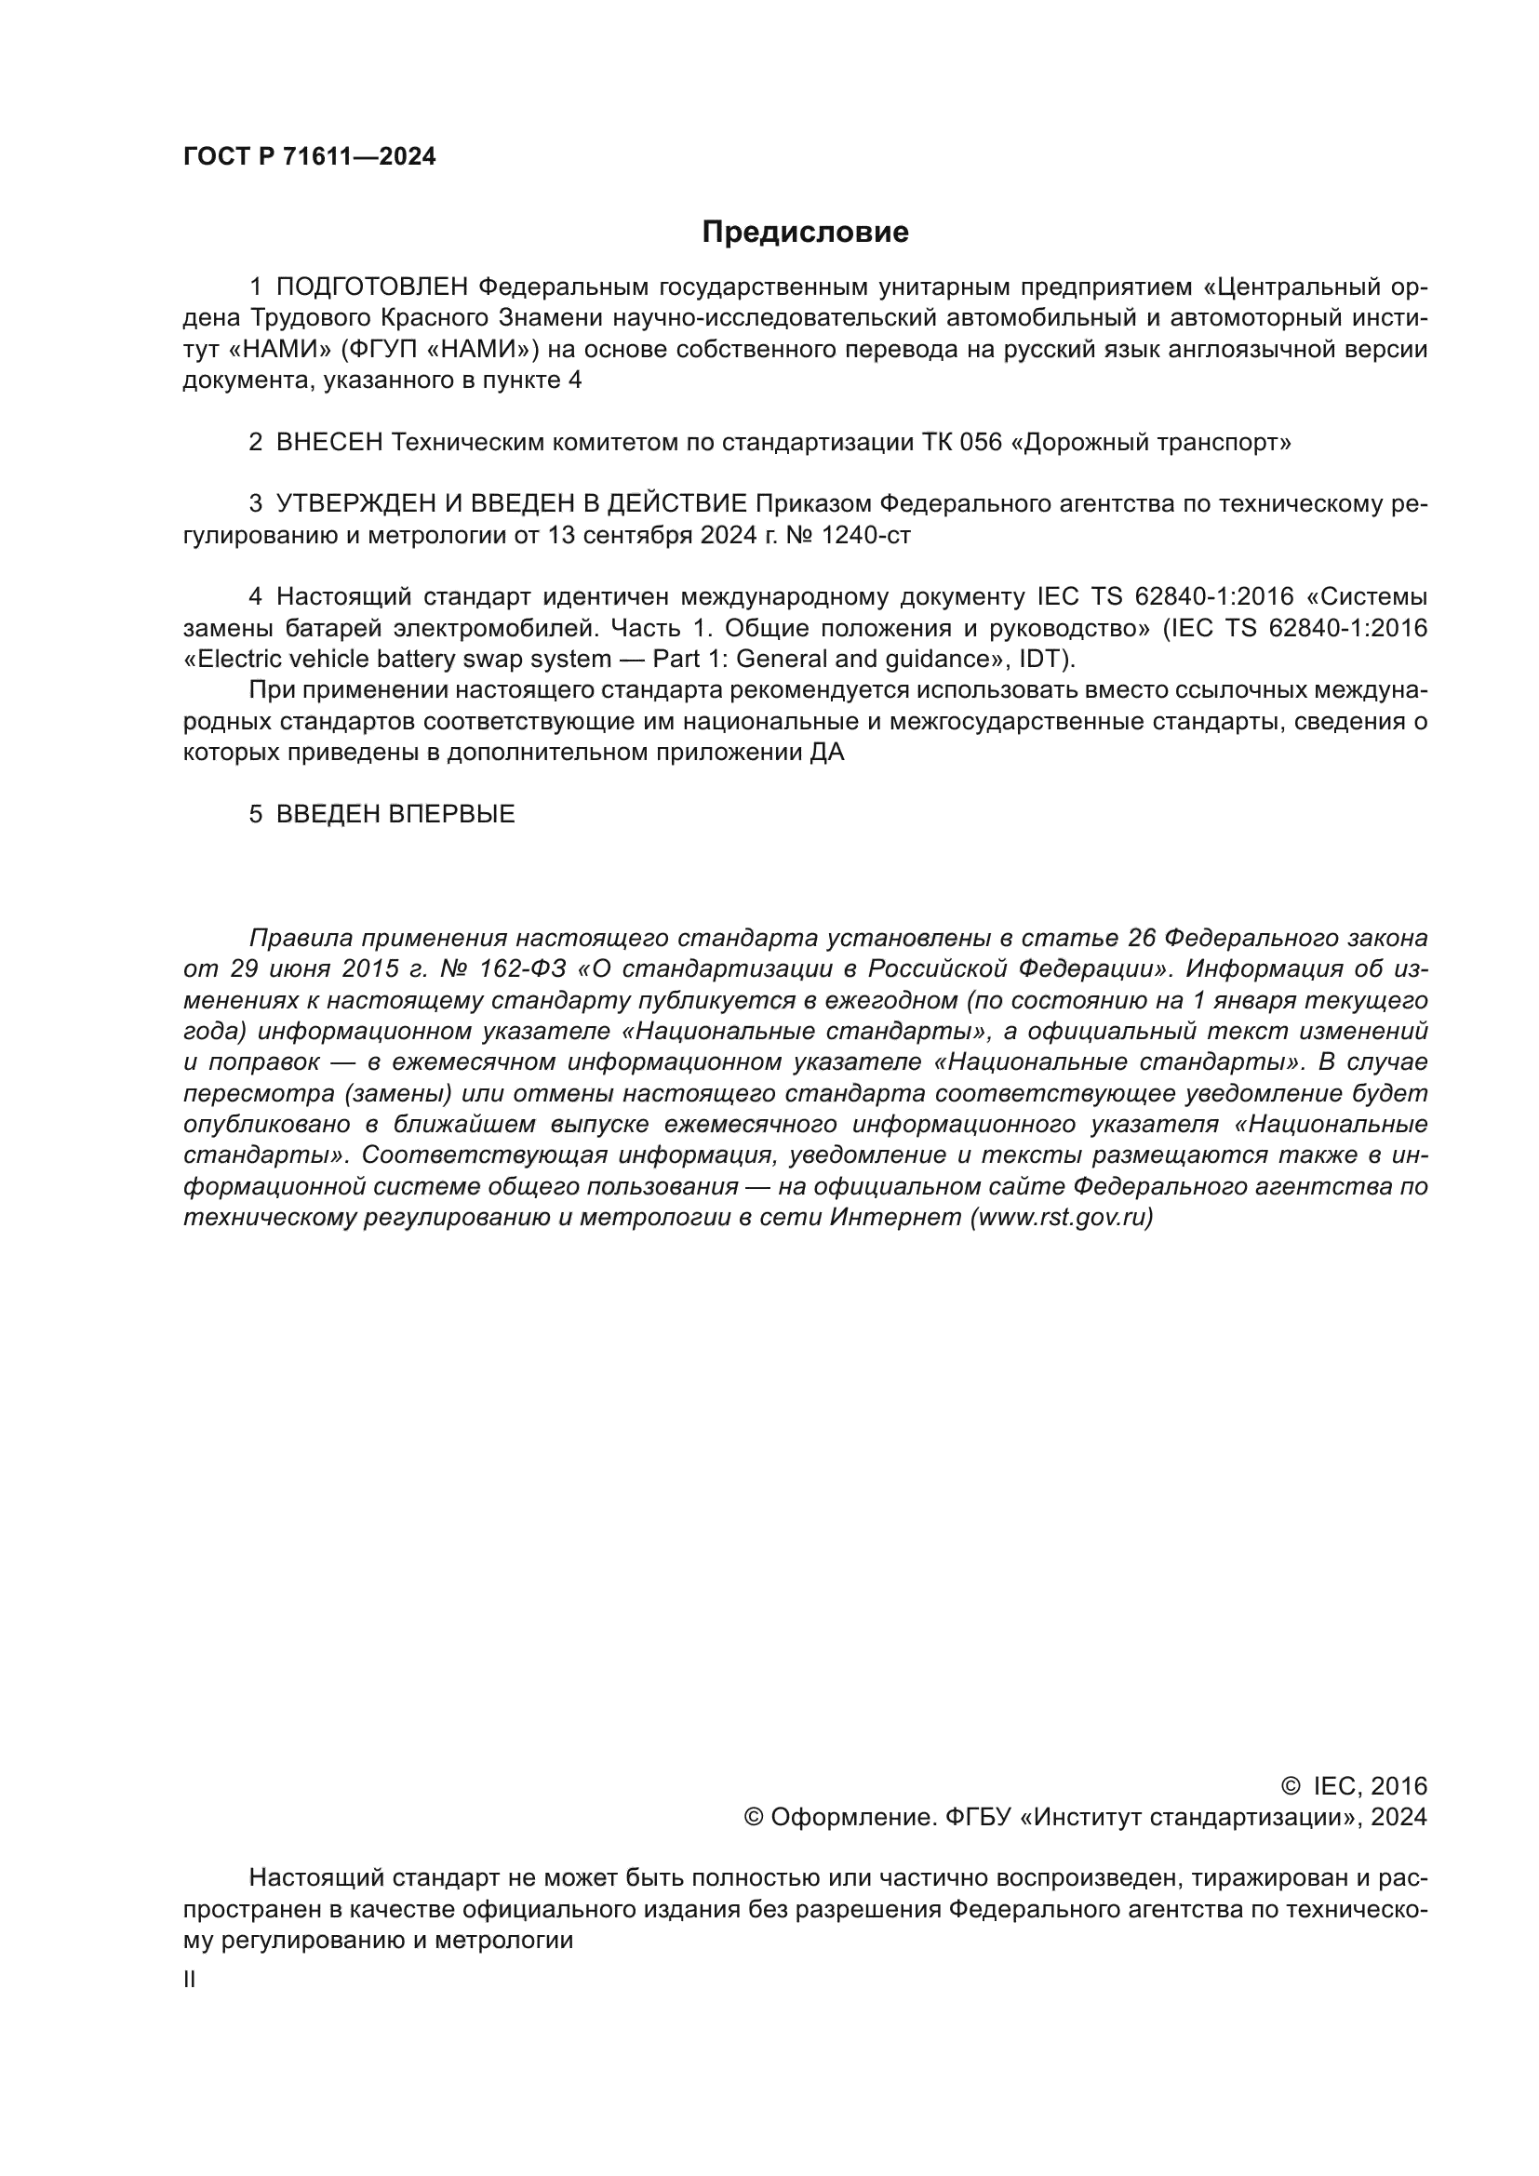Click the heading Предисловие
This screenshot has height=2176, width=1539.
[x=805, y=233]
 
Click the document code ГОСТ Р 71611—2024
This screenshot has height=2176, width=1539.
[x=309, y=157]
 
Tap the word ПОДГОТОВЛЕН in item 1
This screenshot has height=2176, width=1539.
[x=372, y=287]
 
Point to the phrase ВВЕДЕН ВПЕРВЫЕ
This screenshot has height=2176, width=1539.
[x=395, y=814]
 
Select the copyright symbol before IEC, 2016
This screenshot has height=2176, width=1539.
[x=1290, y=1786]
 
